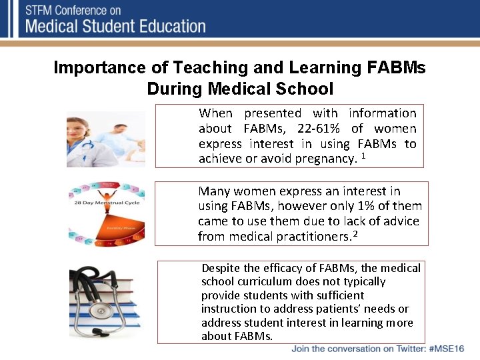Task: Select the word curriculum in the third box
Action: coord(261,281)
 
